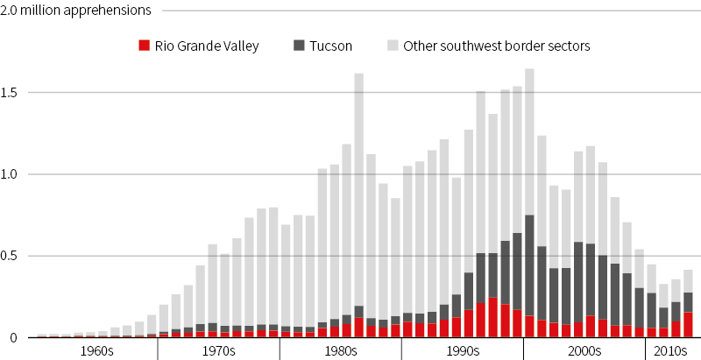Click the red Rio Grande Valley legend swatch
click(x=145, y=46)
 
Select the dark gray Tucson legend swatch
click(x=299, y=46)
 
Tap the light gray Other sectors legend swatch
click(x=392, y=46)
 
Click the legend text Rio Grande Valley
click(x=207, y=46)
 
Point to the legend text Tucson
click(x=333, y=46)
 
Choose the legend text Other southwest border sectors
click(x=497, y=46)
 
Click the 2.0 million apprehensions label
click(x=76, y=11)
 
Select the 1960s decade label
click(x=96, y=350)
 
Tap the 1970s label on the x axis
click(x=217, y=350)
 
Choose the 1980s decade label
click(x=340, y=350)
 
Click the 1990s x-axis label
click(x=462, y=350)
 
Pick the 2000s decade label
click(x=584, y=350)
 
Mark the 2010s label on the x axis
click(x=669, y=350)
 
